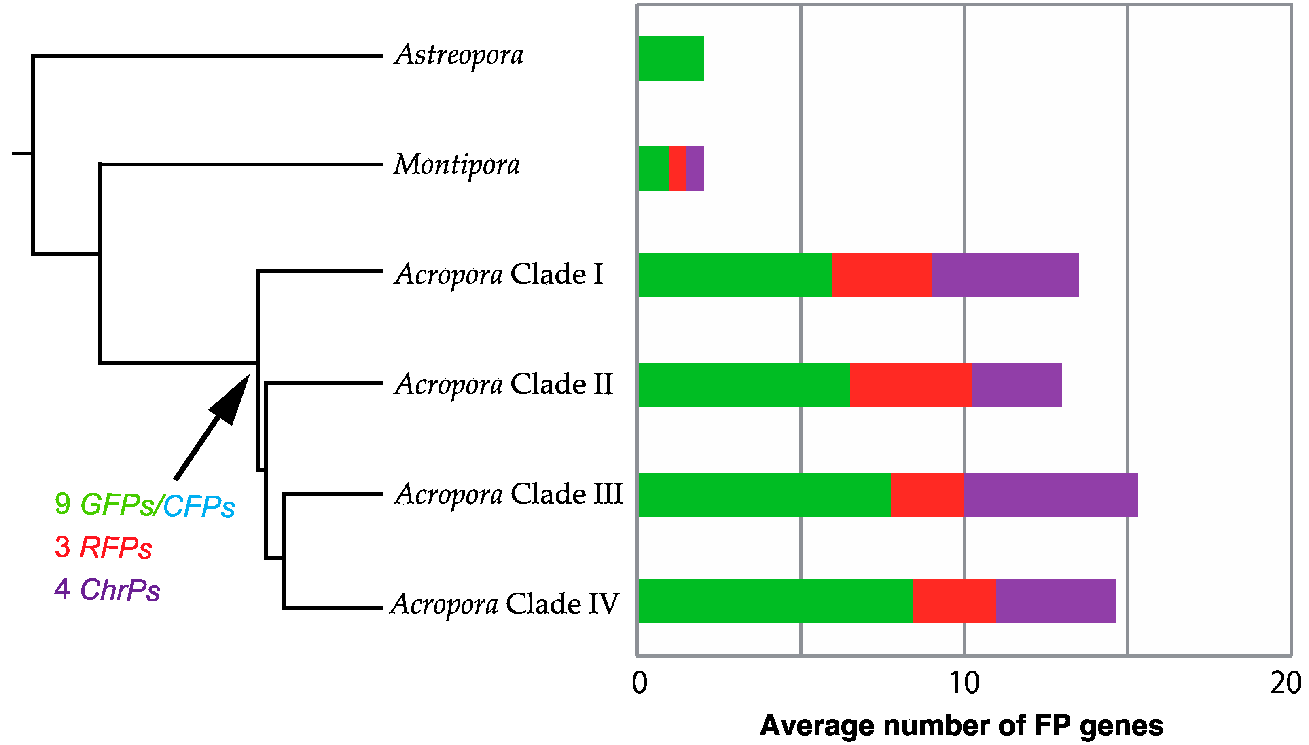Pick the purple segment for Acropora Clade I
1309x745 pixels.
pos(1005,275)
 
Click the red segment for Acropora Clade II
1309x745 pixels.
pos(910,385)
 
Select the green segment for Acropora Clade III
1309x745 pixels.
pos(764,495)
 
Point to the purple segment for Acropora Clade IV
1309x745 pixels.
pos(1055,601)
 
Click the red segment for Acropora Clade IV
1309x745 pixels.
pos(954,601)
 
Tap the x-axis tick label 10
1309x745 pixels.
pos(964,683)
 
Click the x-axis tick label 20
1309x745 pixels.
pos(1286,683)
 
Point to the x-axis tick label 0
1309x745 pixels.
pos(640,683)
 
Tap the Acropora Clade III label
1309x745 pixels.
pos(508,495)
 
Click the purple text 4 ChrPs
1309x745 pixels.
pos(107,590)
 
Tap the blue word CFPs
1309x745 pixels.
pos(199,507)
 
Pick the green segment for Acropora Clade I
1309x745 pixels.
pos(735,275)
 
